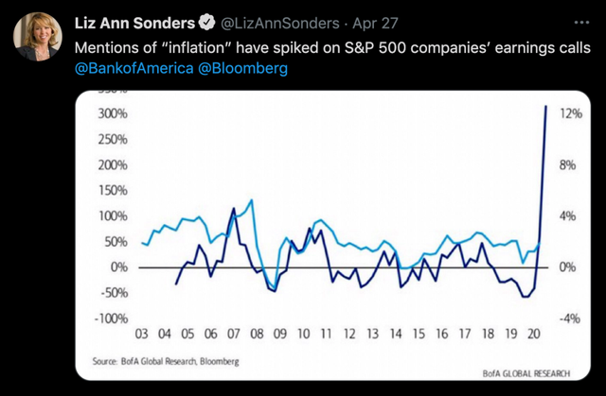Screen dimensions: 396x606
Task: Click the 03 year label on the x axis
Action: coord(142,335)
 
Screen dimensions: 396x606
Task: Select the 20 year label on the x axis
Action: coord(535,335)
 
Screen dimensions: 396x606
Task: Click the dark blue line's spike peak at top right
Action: coord(546,106)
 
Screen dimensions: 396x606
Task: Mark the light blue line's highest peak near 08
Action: coord(251,200)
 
